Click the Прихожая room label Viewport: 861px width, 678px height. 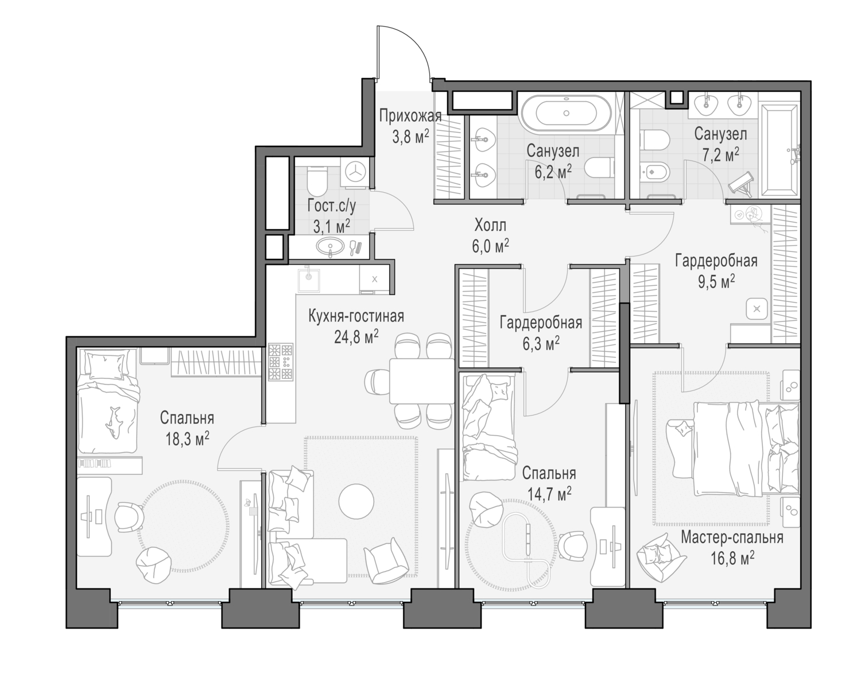point(410,117)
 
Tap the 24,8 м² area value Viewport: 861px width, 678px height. point(356,336)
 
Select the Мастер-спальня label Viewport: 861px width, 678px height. point(732,538)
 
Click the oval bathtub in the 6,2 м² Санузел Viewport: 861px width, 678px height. point(567,114)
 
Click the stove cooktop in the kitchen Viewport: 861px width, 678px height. point(281,362)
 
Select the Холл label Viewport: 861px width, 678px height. point(490,224)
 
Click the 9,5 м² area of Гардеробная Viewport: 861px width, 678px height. point(715,282)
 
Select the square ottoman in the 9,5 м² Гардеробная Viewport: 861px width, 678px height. point(757,309)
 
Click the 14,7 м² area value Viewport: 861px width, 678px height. point(549,493)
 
